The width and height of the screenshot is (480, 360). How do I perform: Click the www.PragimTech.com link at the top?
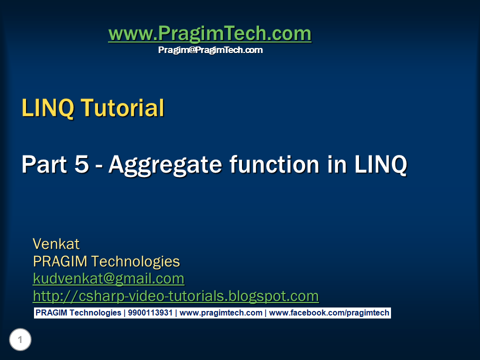[210, 33]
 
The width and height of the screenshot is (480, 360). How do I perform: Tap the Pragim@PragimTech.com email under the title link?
[210, 50]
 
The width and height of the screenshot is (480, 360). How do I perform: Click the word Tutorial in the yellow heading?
[122, 108]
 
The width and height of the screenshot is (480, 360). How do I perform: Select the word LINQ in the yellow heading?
[48, 108]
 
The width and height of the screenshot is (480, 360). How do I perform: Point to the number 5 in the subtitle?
[81, 164]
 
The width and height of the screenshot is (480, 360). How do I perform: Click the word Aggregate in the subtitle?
[165, 165]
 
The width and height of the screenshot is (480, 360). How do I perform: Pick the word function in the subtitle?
[274, 164]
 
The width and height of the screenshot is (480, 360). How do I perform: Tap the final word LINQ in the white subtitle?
[381, 165]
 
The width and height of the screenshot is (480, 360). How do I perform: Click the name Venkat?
[56, 244]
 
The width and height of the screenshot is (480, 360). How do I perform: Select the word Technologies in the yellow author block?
[135, 262]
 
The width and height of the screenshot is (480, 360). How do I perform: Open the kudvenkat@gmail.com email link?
[108, 279]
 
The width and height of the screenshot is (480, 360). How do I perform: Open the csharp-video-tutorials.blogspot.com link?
[175, 296]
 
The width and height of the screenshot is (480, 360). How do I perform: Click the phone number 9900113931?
[150, 313]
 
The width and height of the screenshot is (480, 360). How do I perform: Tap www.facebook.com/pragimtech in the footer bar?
[329, 313]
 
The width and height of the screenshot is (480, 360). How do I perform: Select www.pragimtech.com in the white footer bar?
[220, 313]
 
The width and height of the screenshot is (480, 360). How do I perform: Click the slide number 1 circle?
[20, 339]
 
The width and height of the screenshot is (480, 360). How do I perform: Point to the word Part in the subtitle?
[44, 164]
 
